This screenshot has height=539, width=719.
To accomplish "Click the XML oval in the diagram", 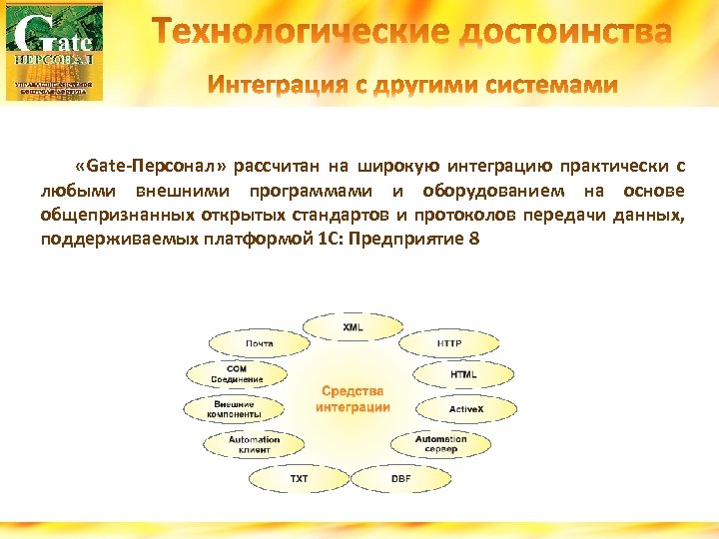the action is (x=353, y=327).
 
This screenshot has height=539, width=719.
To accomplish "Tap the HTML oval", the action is (x=463, y=375).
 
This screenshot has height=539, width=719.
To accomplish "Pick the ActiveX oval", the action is (x=465, y=409).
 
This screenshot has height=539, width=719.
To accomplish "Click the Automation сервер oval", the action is (x=439, y=444).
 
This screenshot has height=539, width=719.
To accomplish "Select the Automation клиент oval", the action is (x=254, y=444).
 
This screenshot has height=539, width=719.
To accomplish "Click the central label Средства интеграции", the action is (x=353, y=399).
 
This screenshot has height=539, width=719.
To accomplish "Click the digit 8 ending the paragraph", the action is (x=459, y=240).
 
